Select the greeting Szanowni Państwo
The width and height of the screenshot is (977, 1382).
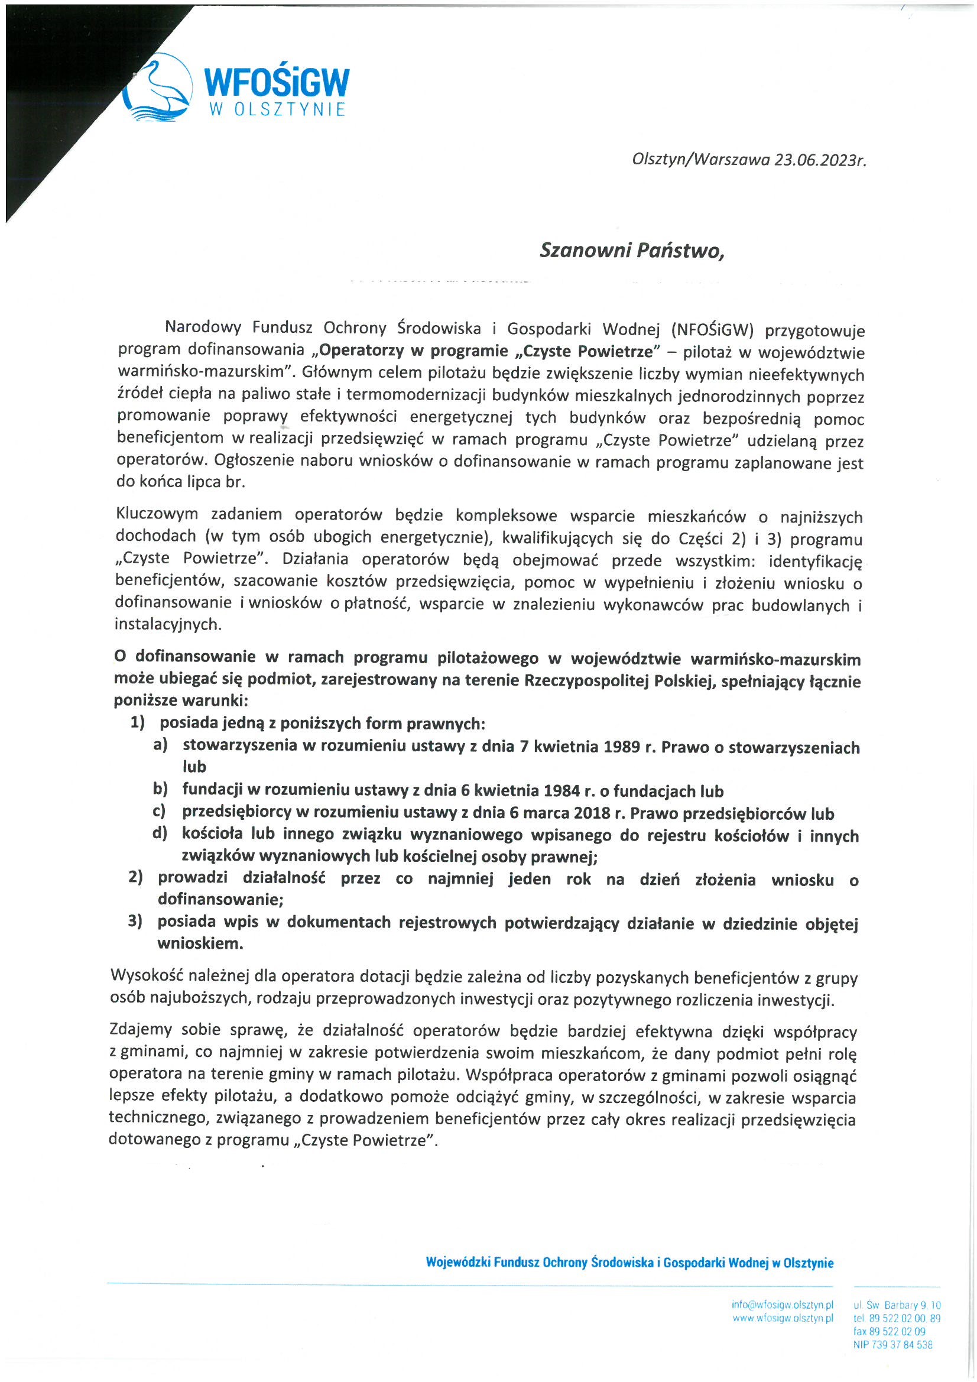[x=632, y=251]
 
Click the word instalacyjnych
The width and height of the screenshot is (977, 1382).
[x=168, y=624]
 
